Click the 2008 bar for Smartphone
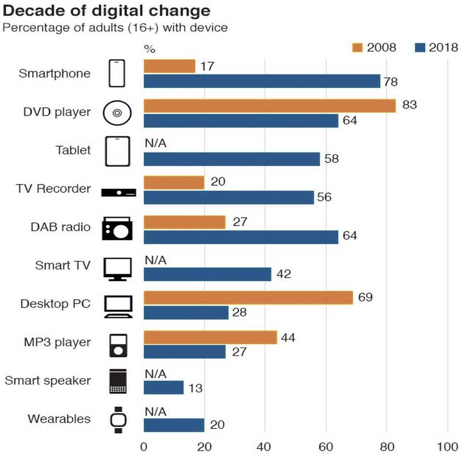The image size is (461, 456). coord(169,66)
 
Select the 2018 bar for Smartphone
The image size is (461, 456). coord(262,81)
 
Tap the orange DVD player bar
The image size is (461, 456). coord(269,105)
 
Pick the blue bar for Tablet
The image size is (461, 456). coord(231,159)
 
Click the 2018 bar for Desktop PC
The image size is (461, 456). coord(186,313)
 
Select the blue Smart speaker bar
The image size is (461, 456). coord(163,388)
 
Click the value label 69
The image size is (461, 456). coord(365,297)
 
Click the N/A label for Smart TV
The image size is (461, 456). coord(155,260)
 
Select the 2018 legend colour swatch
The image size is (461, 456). coord(420,47)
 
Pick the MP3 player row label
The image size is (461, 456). coord(57,342)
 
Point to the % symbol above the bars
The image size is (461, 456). coord(150,49)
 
